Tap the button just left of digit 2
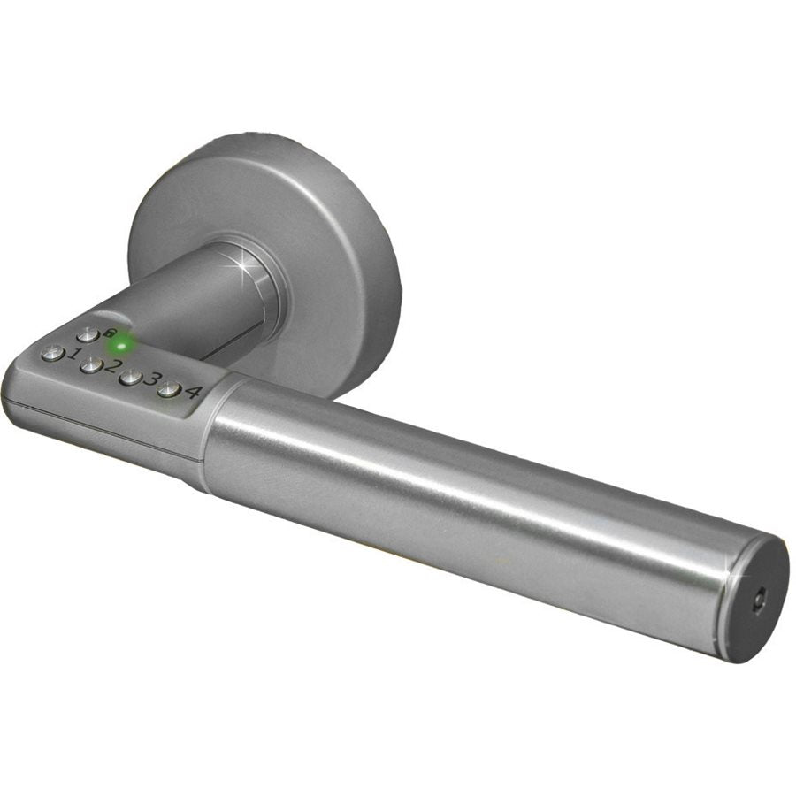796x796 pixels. (x=90, y=365)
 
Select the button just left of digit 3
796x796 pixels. (x=131, y=378)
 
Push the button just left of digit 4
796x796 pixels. (x=168, y=390)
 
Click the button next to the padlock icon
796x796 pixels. (x=88, y=335)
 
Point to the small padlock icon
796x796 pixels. (x=111, y=333)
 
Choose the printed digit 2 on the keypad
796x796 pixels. (x=112, y=366)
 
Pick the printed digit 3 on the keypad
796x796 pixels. (x=151, y=381)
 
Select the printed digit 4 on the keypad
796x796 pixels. (x=191, y=393)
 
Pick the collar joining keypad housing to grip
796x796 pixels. (x=210, y=433)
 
